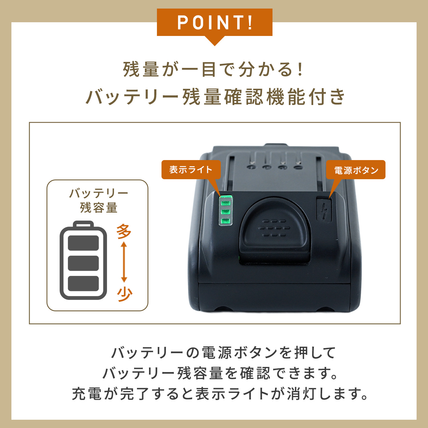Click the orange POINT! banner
pyautogui.click(x=215, y=23)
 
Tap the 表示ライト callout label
pyautogui.click(x=191, y=170)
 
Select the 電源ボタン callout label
pyautogui.click(x=356, y=170)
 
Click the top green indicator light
pyautogui.click(x=225, y=203)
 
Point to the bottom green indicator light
pyautogui.click(x=225, y=221)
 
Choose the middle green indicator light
pyautogui.click(x=225, y=212)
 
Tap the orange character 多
pyautogui.click(x=124, y=231)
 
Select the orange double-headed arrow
pyautogui.click(x=124, y=262)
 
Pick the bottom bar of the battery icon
pyautogui.click(x=83, y=283)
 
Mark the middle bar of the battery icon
pyautogui.click(x=83, y=263)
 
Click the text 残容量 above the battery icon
pyautogui.click(x=98, y=207)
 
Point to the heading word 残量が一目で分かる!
pyautogui.click(x=213, y=69)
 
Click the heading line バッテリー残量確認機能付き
pyautogui.click(x=215, y=97)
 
